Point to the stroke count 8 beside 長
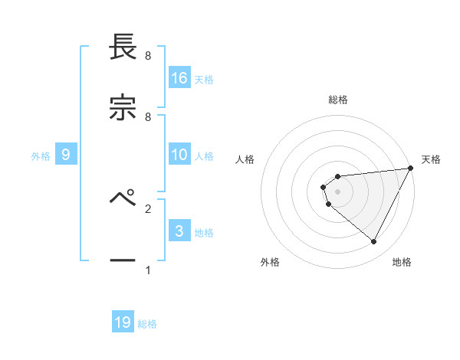point(148,56)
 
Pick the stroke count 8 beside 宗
point(148,116)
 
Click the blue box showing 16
point(179,77)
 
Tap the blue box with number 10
point(179,155)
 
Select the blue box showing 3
point(179,231)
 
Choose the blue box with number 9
point(66,155)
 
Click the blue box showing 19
point(123,322)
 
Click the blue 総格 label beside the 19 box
point(147,324)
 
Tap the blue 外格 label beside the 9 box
point(41,156)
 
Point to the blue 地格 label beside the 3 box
point(204,232)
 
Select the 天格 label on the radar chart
point(432,159)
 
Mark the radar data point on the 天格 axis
point(411,168)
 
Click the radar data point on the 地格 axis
point(374,242)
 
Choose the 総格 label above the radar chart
point(338,100)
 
